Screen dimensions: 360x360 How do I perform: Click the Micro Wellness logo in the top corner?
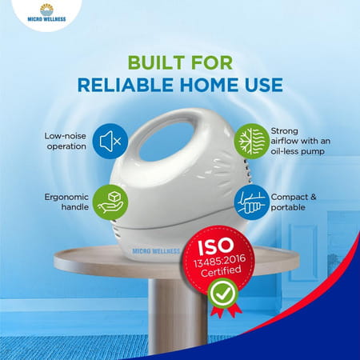46,13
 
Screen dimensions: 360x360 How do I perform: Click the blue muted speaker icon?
110,141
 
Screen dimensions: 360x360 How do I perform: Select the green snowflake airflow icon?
252,141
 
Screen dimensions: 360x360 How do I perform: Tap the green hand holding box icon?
110,202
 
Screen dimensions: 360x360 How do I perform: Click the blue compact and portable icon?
251,202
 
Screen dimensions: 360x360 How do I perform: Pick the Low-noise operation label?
66,141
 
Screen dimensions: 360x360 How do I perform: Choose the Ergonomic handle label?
66,202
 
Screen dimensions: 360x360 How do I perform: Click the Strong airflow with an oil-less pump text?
301,141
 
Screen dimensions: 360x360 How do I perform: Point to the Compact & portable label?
294,202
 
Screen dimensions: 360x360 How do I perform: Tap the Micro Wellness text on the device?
156,251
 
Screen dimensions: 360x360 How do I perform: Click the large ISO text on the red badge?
215,246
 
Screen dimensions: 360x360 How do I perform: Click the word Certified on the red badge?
221,271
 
